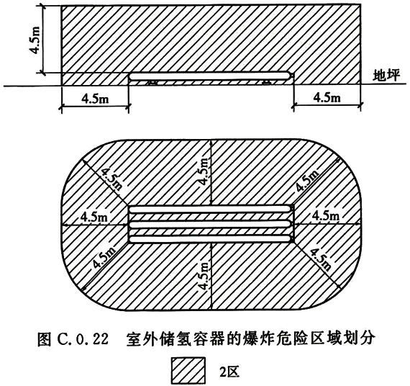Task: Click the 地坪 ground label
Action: pyautogui.click(x=387, y=76)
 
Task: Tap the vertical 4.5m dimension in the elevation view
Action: pyautogui.click(x=35, y=40)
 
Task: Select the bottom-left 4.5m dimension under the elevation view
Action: pyautogui.click(x=95, y=99)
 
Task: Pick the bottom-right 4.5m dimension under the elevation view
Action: pyautogui.click(x=327, y=98)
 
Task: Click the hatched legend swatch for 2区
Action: pyautogui.click(x=188, y=370)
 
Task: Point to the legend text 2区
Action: pyautogui.click(x=229, y=372)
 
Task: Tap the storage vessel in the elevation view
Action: pyautogui.click(x=210, y=76)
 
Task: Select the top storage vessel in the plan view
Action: pyautogui.click(x=211, y=209)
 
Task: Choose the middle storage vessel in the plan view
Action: pyautogui.click(x=211, y=224)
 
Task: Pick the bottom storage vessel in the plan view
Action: pyautogui.click(x=211, y=239)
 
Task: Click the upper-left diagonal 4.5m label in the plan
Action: pyautogui.click(x=111, y=179)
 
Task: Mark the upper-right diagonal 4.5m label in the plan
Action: pyautogui.click(x=308, y=180)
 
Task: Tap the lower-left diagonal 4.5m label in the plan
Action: pyautogui.click(x=104, y=257)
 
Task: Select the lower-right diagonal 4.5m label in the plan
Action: pyautogui.click(x=321, y=259)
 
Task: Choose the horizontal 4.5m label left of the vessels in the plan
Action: pyautogui.click(x=94, y=217)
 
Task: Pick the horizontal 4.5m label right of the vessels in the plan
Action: pyautogui.click(x=326, y=216)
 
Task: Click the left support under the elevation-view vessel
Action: pyautogui.click(x=152, y=83)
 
